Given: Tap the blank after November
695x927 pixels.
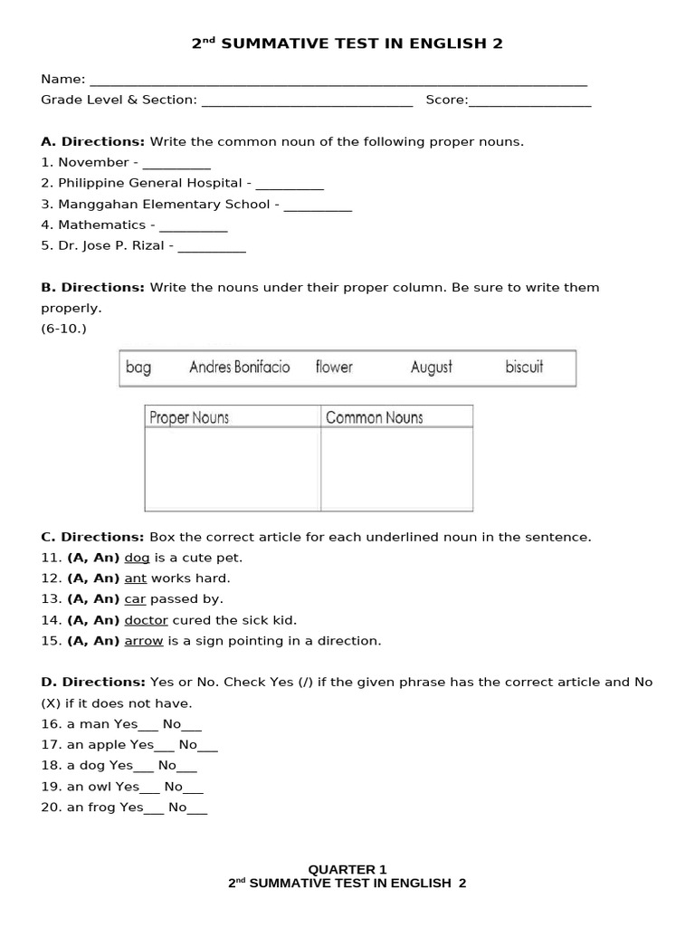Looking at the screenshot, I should coord(176,164).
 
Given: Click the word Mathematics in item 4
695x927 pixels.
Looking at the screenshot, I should coord(101,225).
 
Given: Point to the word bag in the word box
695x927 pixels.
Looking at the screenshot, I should coord(138,368).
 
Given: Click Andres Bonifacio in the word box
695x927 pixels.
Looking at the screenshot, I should coord(239,368).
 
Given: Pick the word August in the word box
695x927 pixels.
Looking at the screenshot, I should coord(431,368).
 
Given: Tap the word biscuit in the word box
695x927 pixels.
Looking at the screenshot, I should coord(524,368).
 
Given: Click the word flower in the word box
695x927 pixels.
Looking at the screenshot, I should coord(334,368).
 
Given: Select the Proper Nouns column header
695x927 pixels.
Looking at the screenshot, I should coord(189,417).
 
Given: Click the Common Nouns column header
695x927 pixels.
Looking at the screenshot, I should coord(374,417).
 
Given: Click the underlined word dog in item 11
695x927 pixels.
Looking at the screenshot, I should coord(137,558).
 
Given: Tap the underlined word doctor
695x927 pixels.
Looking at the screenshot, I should coord(146,620).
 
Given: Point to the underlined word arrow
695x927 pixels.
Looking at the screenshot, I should coord(143,641).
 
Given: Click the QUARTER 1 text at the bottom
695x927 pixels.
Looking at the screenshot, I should coord(347,869).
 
